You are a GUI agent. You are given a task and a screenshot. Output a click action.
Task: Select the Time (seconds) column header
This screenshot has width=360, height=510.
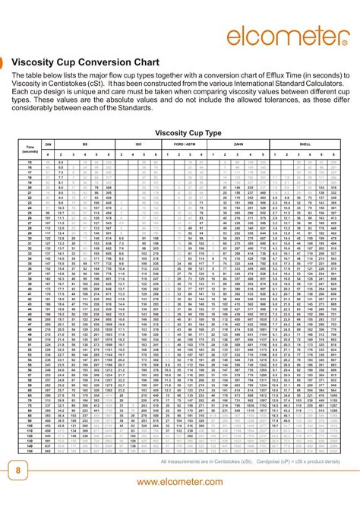coord(30,149)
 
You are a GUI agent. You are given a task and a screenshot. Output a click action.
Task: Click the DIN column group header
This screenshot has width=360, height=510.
coord(48,144)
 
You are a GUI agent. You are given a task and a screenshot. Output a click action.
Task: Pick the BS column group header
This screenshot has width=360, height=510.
coord(85,144)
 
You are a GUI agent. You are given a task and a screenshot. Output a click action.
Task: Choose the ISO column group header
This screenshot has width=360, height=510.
coord(144,144)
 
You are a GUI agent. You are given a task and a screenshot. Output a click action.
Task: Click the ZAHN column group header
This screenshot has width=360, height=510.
coord(238,144)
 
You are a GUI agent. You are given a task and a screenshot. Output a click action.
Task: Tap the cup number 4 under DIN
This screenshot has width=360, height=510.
coord(48,154)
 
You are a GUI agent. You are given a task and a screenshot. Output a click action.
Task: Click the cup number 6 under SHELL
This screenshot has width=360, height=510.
coord(333,154)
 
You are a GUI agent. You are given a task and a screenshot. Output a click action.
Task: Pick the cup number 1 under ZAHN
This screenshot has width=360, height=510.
coord(215,154)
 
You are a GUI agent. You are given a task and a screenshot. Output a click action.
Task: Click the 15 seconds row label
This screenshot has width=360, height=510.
coord(30,163)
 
